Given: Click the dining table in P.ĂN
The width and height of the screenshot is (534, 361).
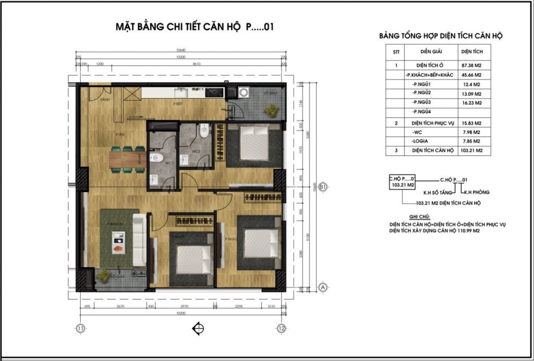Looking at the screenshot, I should click(x=127, y=159).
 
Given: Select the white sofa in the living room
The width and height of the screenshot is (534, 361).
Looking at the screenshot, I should click(x=139, y=239).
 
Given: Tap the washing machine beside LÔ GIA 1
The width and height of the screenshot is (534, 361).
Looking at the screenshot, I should click(x=244, y=93).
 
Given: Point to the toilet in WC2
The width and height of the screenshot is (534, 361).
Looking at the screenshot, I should click(x=204, y=130).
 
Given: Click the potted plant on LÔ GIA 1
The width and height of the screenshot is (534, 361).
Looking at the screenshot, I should click(x=271, y=110).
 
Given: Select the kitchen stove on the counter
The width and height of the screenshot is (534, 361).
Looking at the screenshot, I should click(x=214, y=92).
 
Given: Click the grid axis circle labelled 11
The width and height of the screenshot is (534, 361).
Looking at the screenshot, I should click(x=80, y=329).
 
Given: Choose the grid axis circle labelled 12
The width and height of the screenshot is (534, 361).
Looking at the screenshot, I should click(x=282, y=329).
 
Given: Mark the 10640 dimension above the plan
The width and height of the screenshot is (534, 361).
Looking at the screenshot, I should click(x=181, y=50).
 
